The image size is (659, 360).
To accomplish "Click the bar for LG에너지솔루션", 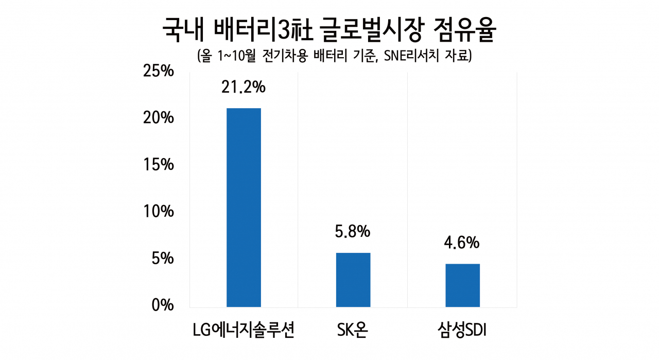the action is pos(244,208).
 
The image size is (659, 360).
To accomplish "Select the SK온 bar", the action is pos(353,280).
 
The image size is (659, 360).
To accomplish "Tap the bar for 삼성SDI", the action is pos(462,285).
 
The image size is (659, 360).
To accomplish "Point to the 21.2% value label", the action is pos(244,87).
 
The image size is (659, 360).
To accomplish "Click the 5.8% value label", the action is pos(353,231).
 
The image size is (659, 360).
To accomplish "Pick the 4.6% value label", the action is pos(462,243).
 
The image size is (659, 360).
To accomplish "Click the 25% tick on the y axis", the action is pos(158,71).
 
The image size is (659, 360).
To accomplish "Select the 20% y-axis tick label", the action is pos(158,118).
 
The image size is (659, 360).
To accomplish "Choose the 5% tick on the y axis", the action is pos(163,259).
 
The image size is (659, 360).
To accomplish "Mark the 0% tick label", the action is pos(163,305).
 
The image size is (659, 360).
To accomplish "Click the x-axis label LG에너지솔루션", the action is pos(244,330).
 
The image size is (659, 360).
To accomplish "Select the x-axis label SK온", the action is pos(353,330).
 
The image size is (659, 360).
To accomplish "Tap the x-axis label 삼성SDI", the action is pos(462,330).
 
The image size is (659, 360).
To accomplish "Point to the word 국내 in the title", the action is pos(183,30).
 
